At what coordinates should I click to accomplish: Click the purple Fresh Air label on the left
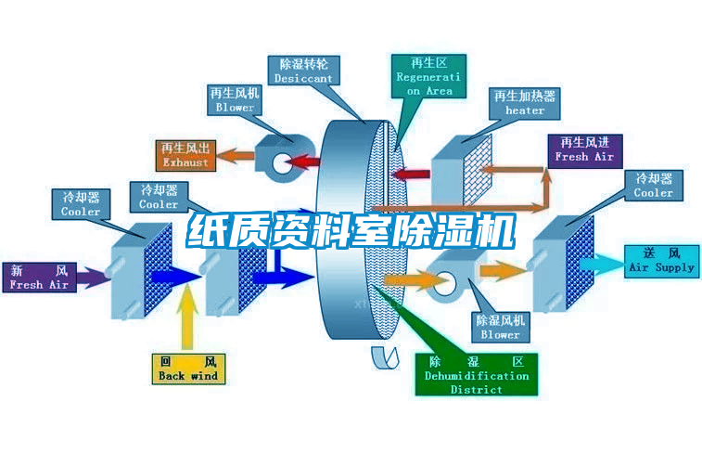coord(40,278)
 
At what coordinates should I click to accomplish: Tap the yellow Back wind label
coord(187,369)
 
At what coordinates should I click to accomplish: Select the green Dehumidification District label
coord(477,375)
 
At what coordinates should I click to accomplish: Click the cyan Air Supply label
coord(661,260)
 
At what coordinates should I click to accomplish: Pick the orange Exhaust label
coord(185,155)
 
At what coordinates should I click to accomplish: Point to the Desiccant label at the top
coord(303,71)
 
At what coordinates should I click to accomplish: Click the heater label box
coord(525,103)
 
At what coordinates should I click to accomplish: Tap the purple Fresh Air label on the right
coord(584,149)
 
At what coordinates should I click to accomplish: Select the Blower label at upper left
coord(235,100)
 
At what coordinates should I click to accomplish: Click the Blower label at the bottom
coord(501,327)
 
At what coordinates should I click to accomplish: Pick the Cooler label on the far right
coord(653,186)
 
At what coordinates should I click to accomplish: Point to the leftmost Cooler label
coord(81,204)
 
